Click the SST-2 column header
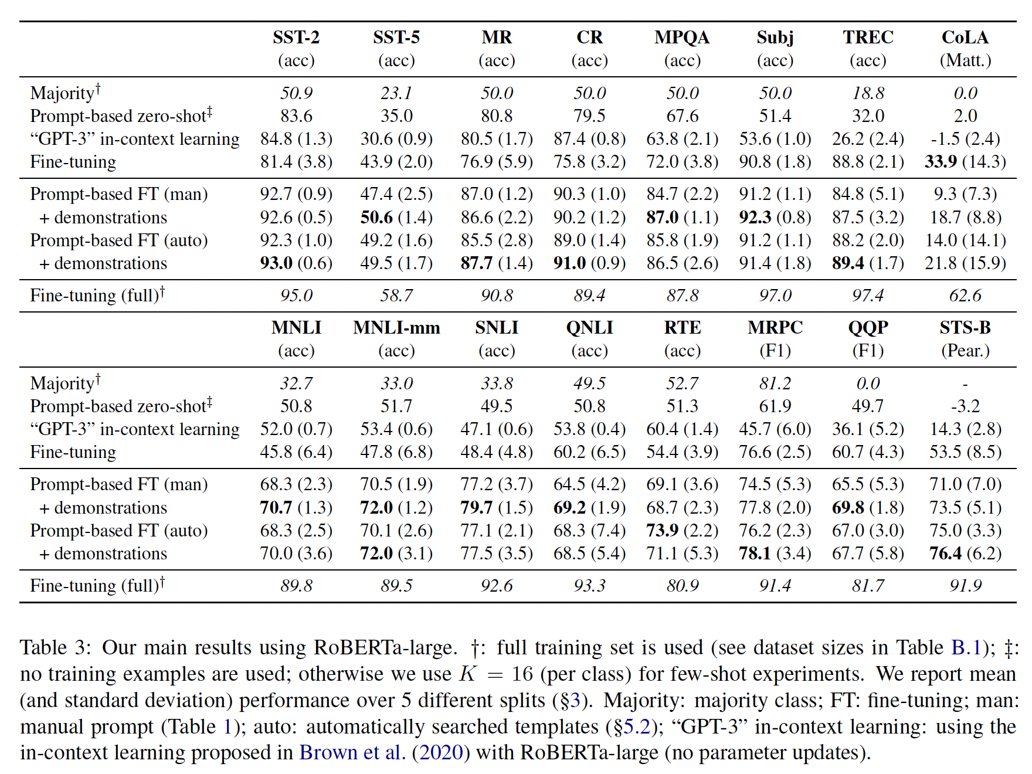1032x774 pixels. click(x=296, y=38)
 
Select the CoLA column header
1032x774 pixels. click(x=965, y=38)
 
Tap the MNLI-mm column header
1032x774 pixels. click(x=396, y=328)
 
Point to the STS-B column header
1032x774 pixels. click(x=965, y=328)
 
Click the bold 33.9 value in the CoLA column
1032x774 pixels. click(x=941, y=162)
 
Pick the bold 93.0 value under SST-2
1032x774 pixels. click(x=276, y=263)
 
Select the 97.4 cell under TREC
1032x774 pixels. click(x=868, y=296)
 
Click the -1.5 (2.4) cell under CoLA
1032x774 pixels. click(x=965, y=139)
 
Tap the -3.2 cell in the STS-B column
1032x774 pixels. click(x=965, y=406)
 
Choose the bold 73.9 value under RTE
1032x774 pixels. click(x=663, y=531)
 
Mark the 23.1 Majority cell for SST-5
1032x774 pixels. click(x=396, y=93)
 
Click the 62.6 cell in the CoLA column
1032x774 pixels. click(x=965, y=296)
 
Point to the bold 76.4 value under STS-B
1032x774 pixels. click(x=945, y=554)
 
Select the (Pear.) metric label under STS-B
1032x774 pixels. click(x=965, y=351)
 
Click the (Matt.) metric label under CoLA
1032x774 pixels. click(x=965, y=60)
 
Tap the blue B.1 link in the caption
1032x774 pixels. click(x=966, y=647)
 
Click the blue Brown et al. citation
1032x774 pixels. click(x=352, y=752)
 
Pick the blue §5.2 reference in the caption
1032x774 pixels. click(x=632, y=727)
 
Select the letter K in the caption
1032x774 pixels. click(x=467, y=674)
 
